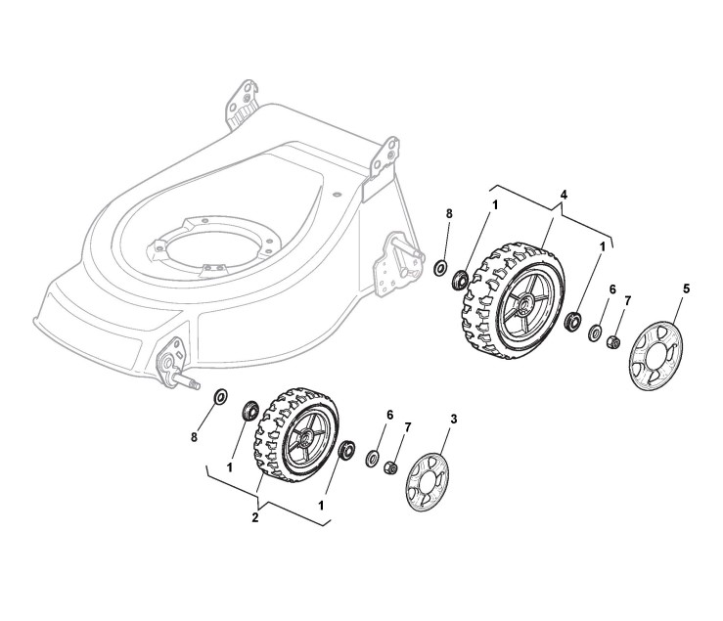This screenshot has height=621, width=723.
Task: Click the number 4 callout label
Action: [x=565, y=196]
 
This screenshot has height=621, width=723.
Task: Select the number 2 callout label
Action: [x=255, y=517]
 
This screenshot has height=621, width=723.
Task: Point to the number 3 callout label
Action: [x=453, y=418]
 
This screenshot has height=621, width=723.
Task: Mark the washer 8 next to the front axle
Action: [x=220, y=396]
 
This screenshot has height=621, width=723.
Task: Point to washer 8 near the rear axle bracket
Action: [x=440, y=266]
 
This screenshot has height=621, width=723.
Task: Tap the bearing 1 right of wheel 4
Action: [x=571, y=320]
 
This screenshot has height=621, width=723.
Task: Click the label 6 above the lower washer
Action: [x=389, y=415]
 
